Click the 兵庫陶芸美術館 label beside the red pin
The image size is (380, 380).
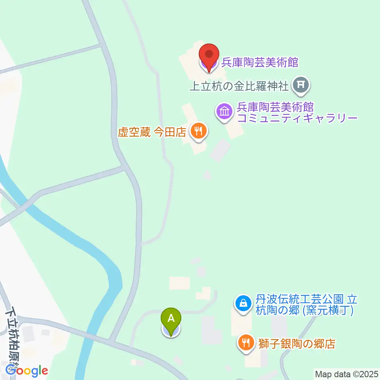tap(260, 62)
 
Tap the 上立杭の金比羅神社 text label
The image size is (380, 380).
tap(239, 85)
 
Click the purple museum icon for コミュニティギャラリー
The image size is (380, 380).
tap(224, 111)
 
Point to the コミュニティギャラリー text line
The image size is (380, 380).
tap(297, 118)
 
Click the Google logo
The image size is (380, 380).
tap(27, 371)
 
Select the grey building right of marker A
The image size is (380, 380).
tap(212, 330)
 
